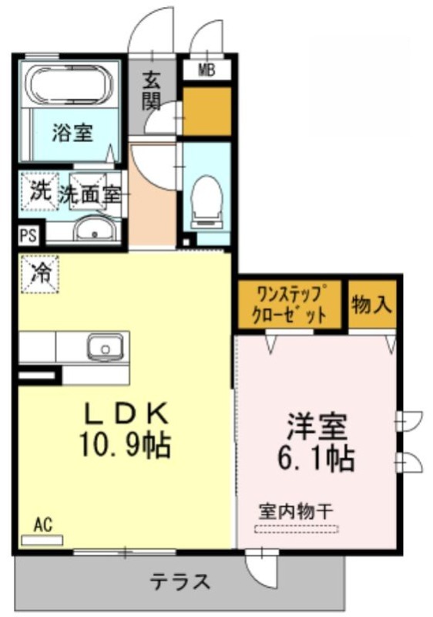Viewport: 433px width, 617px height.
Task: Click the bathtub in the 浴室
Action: pos(69,85)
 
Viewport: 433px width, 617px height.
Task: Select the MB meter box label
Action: pos(206,71)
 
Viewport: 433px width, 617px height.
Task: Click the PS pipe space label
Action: pos(29,236)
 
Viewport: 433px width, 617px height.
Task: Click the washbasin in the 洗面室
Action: pos(95,229)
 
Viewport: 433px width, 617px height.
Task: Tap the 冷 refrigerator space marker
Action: pos(41,274)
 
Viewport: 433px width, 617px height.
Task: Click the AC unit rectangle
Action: pos(42,541)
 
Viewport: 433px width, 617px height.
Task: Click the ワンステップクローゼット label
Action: pos(289,304)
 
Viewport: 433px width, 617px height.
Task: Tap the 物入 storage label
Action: pos(371,304)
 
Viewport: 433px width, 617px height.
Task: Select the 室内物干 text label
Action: pos(296,511)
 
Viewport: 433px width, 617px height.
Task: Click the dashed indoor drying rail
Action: pos(297,529)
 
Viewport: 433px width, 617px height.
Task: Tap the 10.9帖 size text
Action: pos(126,444)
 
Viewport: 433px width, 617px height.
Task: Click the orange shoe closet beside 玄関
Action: pos(206,111)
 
